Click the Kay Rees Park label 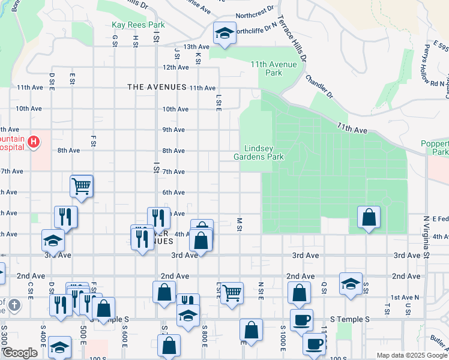pyautogui.click(x=138, y=25)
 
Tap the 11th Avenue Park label pyautogui.click(x=274, y=68)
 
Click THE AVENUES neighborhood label pyautogui.click(x=157, y=87)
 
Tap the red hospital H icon pyautogui.click(x=34, y=142)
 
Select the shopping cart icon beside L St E pyautogui.click(x=231, y=293)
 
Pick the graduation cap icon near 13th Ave pyautogui.click(x=224, y=33)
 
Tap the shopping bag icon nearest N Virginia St pyautogui.click(x=369, y=217)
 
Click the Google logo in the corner pyautogui.click(x=19, y=353)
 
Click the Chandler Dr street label pyautogui.click(x=319, y=86)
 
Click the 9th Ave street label pyautogui.click(x=173, y=130)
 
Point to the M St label pyautogui.click(x=239, y=223)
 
